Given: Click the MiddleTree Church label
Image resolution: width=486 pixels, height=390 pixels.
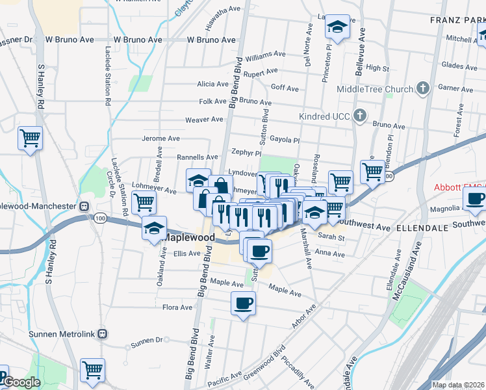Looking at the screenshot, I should coord(375,89).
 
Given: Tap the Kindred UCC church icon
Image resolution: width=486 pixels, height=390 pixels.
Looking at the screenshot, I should coord(361,116).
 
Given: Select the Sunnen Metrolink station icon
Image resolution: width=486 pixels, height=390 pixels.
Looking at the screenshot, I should coord(101,333).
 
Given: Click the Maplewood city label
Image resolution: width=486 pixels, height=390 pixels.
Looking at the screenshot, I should coord(188,237).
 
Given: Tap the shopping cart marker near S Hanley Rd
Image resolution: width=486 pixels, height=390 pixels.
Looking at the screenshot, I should coord(29,137).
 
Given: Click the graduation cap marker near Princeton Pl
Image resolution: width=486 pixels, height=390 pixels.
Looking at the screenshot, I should coord(337,27).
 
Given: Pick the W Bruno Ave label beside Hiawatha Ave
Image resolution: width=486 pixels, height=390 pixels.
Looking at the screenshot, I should coord(211,40).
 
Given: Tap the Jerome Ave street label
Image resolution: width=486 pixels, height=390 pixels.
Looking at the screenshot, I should coord(160,138).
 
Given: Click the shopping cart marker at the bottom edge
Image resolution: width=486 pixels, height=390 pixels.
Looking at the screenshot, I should coord(92,370).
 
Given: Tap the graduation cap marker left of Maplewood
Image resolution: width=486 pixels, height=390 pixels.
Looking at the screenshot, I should coord(155,228).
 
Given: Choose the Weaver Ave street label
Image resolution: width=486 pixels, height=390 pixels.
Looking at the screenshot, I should coord(204,120).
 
